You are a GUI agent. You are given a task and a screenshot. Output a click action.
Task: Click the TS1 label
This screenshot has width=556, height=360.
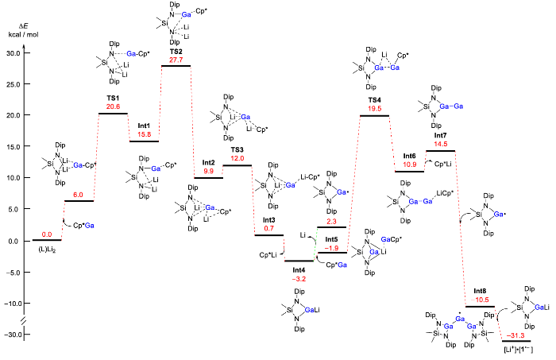[113, 98]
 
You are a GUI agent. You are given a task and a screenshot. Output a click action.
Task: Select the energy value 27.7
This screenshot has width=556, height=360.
[176, 60]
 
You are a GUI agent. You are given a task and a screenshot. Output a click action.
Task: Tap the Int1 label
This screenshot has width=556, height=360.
[144, 126]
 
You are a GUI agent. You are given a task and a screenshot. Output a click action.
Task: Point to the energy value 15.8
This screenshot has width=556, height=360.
[145, 134]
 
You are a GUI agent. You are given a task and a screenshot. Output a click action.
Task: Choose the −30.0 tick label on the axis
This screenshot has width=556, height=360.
[12, 335]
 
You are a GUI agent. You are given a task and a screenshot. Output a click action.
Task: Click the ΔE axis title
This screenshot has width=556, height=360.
[23, 26]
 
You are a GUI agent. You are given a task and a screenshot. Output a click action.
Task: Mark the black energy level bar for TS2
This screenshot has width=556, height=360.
[176, 66]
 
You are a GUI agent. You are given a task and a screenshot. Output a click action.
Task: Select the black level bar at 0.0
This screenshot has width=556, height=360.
[47, 240]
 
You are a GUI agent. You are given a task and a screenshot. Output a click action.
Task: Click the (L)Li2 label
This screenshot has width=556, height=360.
[47, 250]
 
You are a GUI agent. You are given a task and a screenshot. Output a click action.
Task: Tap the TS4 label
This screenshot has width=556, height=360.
[374, 100]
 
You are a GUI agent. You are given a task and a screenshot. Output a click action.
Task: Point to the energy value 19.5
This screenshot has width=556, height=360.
[374, 109]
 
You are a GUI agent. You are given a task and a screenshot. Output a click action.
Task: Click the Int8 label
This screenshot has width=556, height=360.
[480, 291]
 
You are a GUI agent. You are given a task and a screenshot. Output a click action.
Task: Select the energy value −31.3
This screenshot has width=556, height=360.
[515, 335]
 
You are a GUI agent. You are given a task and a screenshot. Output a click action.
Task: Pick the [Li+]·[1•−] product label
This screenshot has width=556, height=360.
[518, 350]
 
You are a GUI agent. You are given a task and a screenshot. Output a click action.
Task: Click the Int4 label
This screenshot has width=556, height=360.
[299, 270]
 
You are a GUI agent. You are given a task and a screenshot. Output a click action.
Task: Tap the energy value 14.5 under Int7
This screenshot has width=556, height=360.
[440, 144]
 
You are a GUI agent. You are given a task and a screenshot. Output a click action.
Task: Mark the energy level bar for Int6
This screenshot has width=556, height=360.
[409, 172]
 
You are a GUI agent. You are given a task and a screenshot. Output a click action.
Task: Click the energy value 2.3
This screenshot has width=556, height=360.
[331, 221]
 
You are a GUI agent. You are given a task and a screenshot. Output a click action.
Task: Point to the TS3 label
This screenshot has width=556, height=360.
[237, 149]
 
